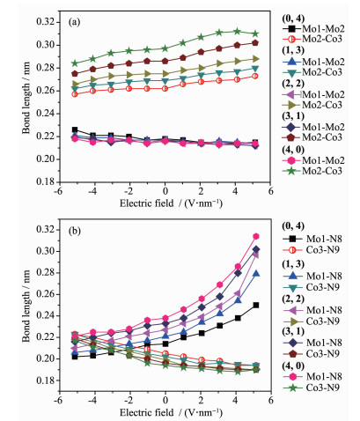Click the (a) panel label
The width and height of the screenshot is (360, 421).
tap(74, 22)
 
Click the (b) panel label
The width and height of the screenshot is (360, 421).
tap(75, 231)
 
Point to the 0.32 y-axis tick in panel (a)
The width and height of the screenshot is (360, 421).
tap(46, 22)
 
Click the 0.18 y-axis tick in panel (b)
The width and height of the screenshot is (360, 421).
tap(46, 380)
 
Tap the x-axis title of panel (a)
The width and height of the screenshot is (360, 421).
tap(171, 203)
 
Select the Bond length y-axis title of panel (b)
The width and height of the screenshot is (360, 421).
tap(26, 306)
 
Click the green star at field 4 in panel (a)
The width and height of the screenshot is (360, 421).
tap(238, 32)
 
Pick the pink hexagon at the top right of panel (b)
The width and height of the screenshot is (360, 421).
tap(256, 236)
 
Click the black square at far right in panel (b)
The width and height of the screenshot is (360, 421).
tap(256, 306)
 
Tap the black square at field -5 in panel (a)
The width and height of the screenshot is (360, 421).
tap(75, 129)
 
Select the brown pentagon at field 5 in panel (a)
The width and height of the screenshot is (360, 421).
tap(255, 43)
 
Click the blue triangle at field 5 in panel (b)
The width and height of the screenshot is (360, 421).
tap(256, 274)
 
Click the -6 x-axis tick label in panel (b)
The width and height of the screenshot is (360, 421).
tap(59, 400)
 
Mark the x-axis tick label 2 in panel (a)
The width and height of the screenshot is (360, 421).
tap(201, 191)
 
